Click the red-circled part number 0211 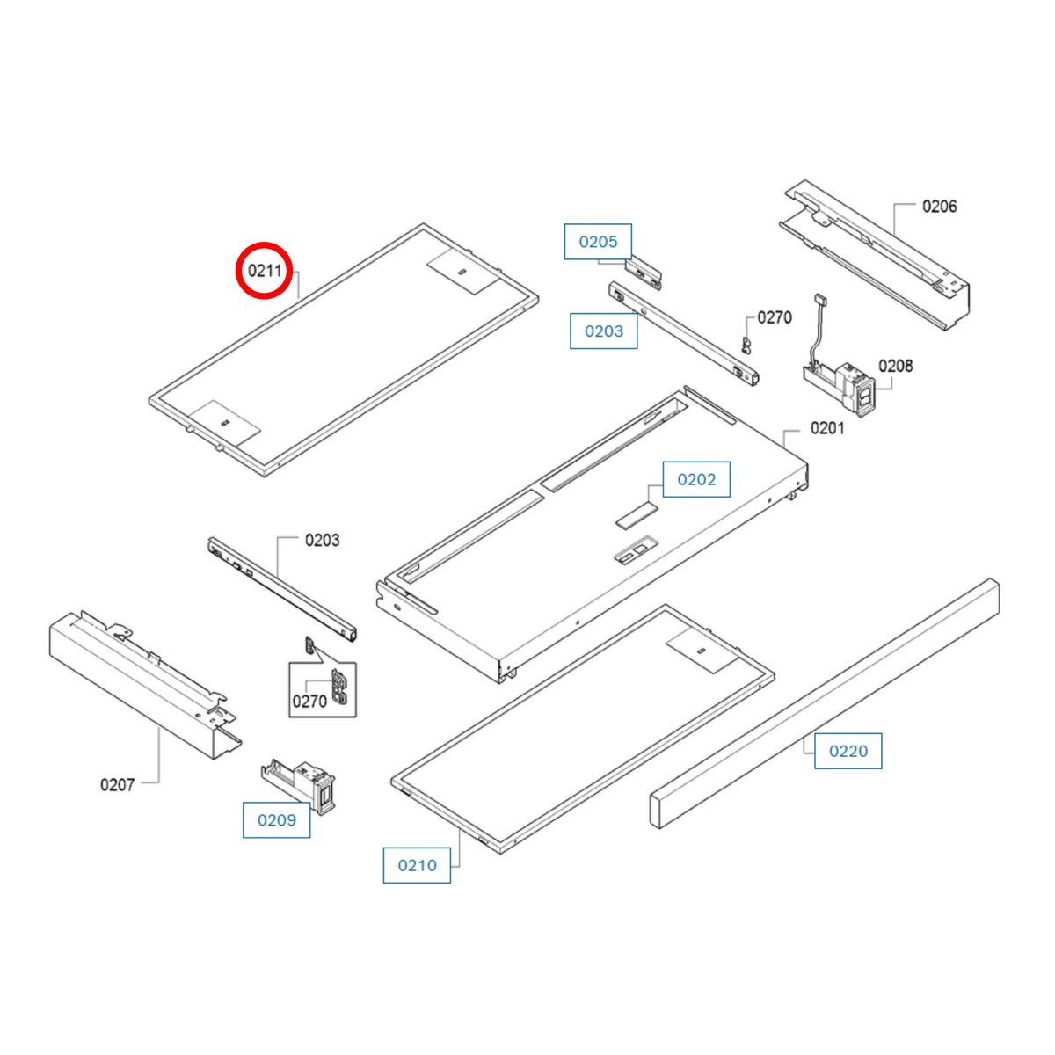pyautogui.click(x=265, y=271)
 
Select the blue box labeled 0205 pyautogui.click(x=598, y=242)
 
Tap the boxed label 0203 pyautogui.click(x=603, y=331)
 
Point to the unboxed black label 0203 pyautogui.click(x=322, y=541)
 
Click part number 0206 pyautogui.click(x=940, y=207)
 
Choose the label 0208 pyautogui.click(x=896, y=366)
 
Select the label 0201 pyautogui.click(x=827, y=428)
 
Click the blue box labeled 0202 pyautogui.click(x=696, y=479)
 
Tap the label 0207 pyautogui.click(x=117, y=785)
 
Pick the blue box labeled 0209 pyautogui.click(x=276, y=819)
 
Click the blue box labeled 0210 pyautogui.click(x=417, y=865)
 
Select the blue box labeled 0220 pyautogui.click(x=848, y=751)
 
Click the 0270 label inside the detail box pyautogui.click(x=309, y=702)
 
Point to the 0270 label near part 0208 pyautogui.click(x=775, y=317)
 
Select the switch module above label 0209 pyautogui.click(x=298, y=786)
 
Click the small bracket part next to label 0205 pyautogui.click(x=644, y=273)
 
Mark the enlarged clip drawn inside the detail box pyautogui.click(x=339, y=687)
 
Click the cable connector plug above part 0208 pyautogui.click(x=820, y=300)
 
